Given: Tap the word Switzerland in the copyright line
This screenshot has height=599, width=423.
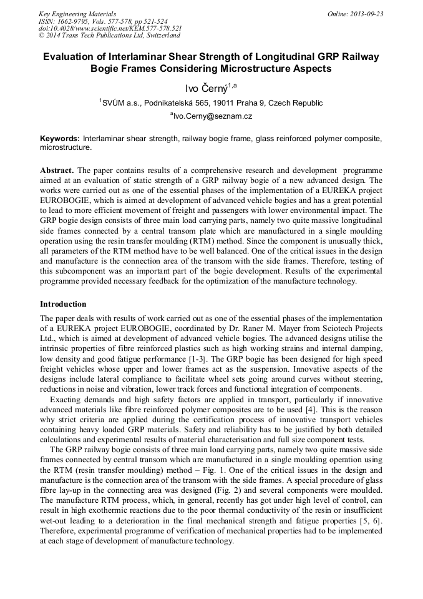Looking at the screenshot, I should tap(158, 36).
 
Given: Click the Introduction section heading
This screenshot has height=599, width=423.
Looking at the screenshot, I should tap(63, 304).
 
